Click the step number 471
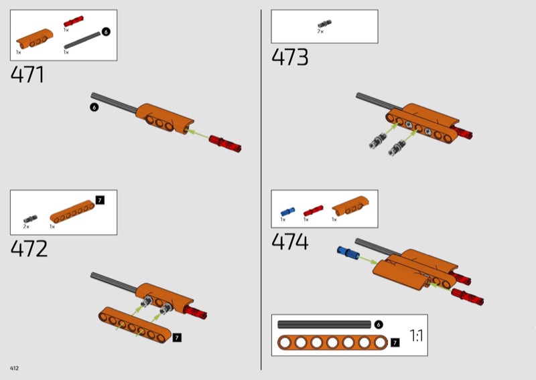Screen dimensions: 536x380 click(x=27, y=75)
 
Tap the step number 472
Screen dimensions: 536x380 click(x=29, y=249)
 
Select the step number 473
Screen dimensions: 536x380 click(x=290, y=57)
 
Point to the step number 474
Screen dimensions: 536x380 click(x=290, y=242)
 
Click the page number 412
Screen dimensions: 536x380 click(x=14, y=368)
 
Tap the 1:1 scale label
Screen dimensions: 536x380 click(x=416, y=336)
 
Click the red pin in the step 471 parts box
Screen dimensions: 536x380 click(x=73, y=21)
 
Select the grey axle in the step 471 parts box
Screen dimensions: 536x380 click(x=82, y=40)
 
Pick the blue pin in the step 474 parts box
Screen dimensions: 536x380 click(x=288, y=211)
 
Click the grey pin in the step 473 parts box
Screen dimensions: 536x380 click(x=324, y=24)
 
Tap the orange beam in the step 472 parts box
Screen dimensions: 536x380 click(x=72, y=211)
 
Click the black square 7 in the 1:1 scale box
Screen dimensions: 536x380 click(x=395, y=343)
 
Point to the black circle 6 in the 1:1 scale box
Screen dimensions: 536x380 click(x=378, y=324)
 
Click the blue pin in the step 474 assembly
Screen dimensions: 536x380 click(x=348, y=253)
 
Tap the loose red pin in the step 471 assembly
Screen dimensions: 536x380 click(x=225, y=144)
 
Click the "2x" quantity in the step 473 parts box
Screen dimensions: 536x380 click(x=320, y=31)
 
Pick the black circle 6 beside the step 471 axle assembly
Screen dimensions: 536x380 click(x=94, y=107)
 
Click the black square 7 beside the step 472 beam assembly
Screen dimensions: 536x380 click(x=177, y=338)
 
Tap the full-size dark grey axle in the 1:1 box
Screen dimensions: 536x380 click(x=324, y=324)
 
